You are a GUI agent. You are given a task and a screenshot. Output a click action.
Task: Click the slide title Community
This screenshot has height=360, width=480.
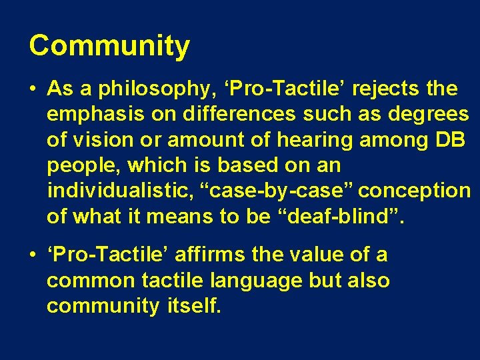coord(109,47)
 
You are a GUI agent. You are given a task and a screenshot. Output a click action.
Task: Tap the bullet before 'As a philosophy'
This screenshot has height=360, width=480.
coord(33,89)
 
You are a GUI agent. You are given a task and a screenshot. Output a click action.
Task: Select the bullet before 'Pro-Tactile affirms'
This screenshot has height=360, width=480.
coord(33,255)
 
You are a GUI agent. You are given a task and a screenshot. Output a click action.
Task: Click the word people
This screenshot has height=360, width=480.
coord(81,165)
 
